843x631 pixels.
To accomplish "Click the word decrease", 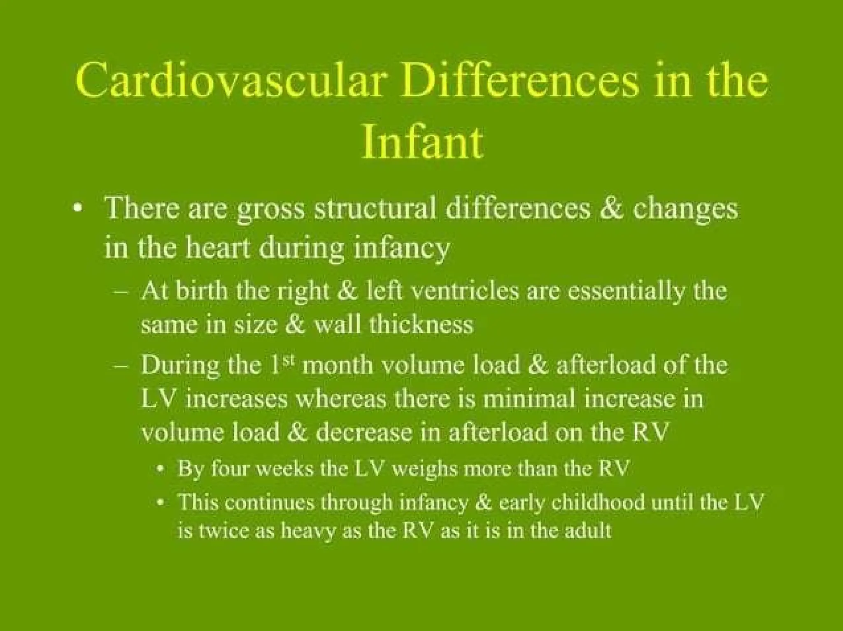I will pos(364,433).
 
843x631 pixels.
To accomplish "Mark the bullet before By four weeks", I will pos(163,469).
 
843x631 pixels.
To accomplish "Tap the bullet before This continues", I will pos(163,503).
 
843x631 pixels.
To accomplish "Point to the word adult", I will pos(587,531).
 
